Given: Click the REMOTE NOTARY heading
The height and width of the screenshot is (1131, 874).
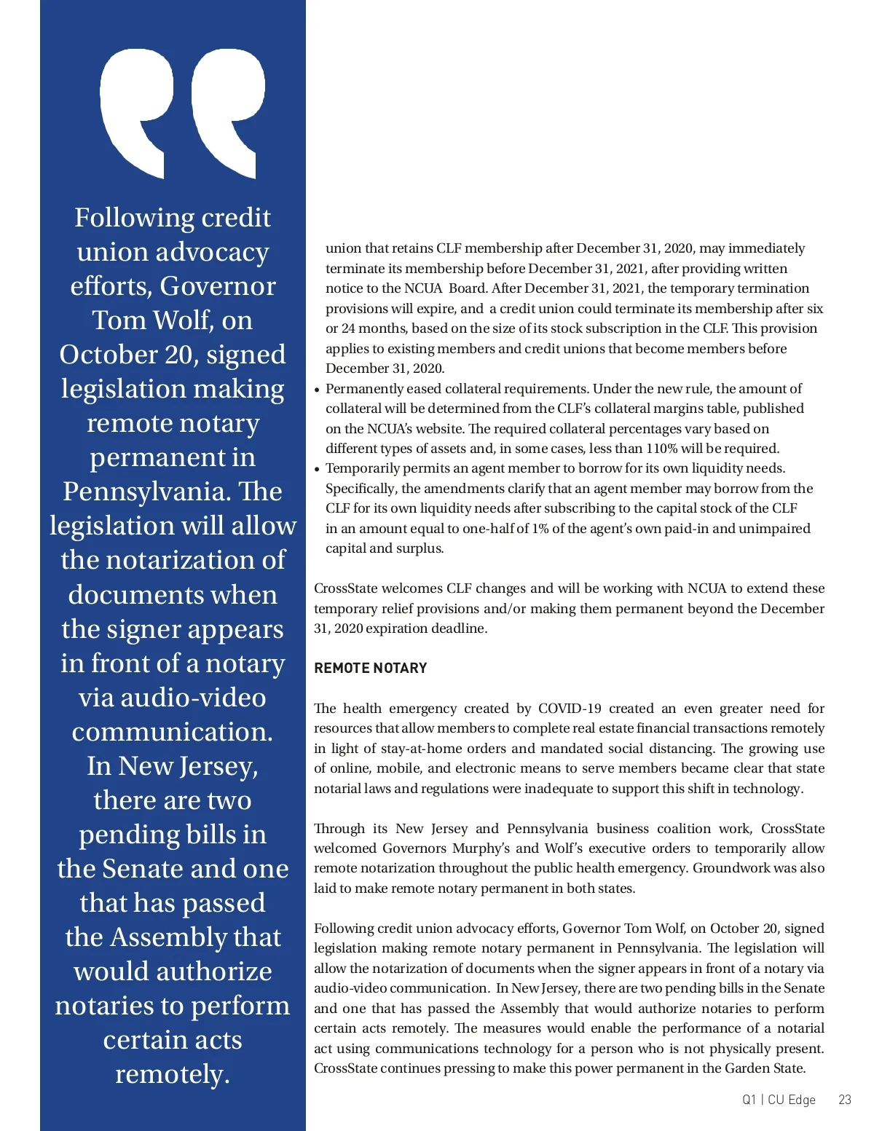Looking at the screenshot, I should click(370, 668).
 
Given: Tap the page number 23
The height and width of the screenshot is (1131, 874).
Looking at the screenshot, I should click(845, 1100).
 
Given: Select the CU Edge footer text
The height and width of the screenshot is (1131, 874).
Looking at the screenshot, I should click(792, 1100).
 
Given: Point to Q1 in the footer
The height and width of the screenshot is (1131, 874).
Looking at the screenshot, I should click(749, 1100).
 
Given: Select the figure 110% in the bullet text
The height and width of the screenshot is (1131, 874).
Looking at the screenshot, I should click(661, 449).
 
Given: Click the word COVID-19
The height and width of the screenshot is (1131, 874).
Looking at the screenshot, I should click(570, 709).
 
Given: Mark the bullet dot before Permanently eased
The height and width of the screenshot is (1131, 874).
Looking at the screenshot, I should click(318, 390).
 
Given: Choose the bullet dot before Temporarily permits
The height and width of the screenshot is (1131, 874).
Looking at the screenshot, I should click(318, 470).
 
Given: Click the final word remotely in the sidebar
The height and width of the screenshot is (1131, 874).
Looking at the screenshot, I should click(173, 1074).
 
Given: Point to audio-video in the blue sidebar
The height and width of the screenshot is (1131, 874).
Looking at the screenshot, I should click(173, 698).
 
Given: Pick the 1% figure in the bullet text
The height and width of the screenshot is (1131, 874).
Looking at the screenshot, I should click(540, 529).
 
